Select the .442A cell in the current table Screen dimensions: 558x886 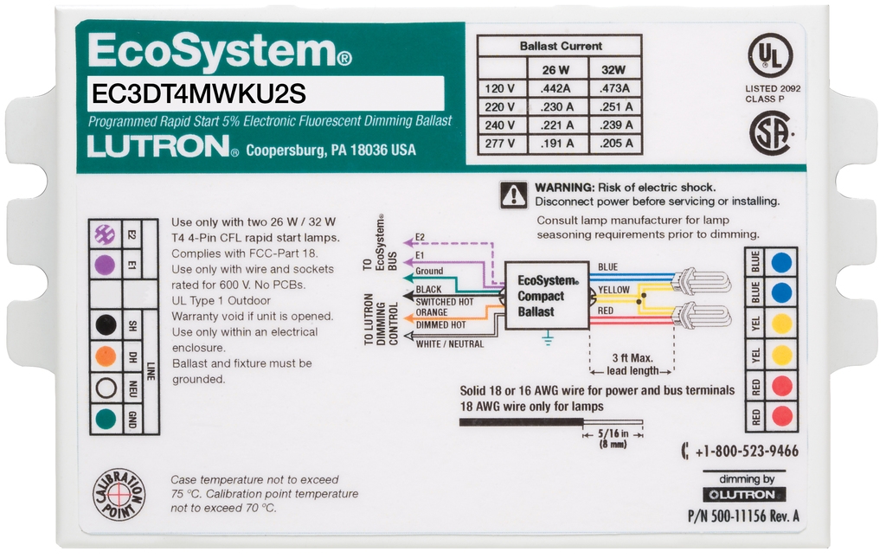tap(555, 88)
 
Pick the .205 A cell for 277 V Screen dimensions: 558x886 tap(616, 144)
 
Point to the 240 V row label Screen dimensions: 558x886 tap(500, 125)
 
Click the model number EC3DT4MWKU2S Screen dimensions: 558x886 tap(199, 93)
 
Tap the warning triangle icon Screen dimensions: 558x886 tap(514, 195)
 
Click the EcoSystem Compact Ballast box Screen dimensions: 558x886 tap(547, 296)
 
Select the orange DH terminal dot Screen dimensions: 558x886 tap(106, 355)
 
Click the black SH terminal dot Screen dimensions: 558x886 tap(106, 324)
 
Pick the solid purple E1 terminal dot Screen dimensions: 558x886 tap(106, 264)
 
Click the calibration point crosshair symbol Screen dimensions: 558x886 tap(119, 496)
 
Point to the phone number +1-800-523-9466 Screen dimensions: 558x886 tap(744, 452)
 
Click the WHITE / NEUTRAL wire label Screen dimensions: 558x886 tap(451, 344)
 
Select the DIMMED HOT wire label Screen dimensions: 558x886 tap(442, 324)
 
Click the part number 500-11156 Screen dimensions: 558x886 tap(743, 516)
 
